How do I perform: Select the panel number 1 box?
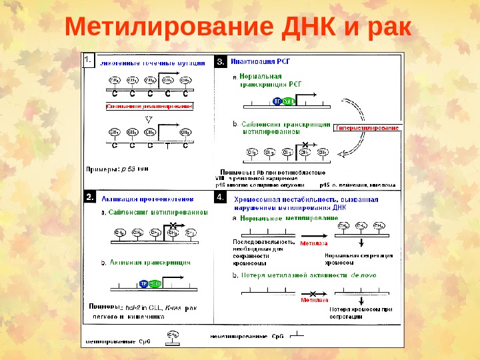(x=89, y=61)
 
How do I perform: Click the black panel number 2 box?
(x=90, y=197)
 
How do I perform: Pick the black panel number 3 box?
(x=223, y=61)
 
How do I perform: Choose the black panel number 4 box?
(x=223, y=198)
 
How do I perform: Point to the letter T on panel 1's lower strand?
(x=167, y=145)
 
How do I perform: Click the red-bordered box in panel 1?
(x=147, y=106)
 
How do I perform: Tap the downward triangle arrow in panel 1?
(x=149, y=119)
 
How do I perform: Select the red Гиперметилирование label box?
(x=367, y=127)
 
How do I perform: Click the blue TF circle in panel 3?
(x=277, y=101)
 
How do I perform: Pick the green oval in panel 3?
(x=288, y=101)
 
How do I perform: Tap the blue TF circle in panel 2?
(x=143, y=283)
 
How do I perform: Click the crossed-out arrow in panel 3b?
(x=305, y=145)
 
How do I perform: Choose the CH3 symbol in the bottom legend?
(x=173, y=335)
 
